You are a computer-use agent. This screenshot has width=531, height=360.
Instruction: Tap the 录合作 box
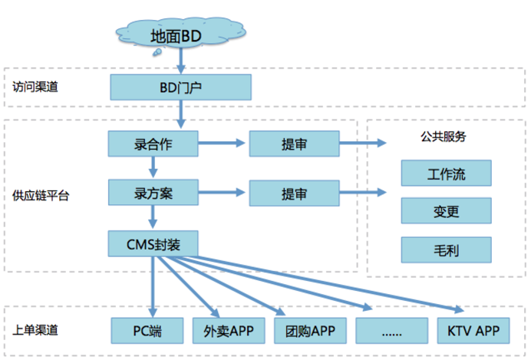(x=153, y=142)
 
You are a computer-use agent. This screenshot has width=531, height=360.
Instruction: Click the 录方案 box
(x=153, y=192)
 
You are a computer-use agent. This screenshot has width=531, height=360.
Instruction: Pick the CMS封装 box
(x=153, y=243)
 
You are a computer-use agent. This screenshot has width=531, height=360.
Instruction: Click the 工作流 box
(x=444, y=173)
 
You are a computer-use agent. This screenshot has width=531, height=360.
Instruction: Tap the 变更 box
(x=444, y=210)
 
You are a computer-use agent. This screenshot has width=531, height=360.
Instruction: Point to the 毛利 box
(x=444, y=248)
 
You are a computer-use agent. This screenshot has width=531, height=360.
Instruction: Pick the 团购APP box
(x=310, y=331)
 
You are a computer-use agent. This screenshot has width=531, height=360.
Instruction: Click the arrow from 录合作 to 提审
(x=223, y=142)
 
